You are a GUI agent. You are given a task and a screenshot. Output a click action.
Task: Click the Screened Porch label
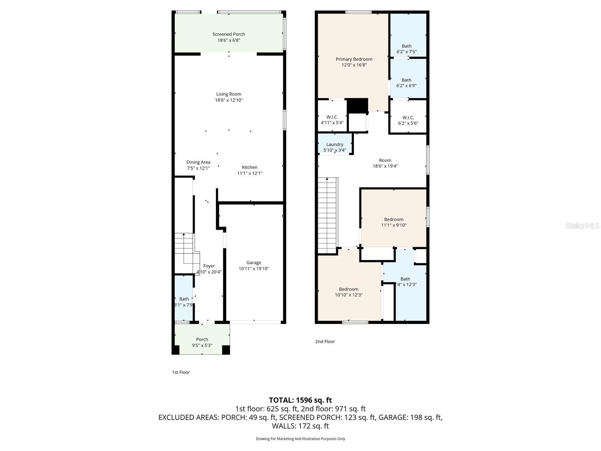229,34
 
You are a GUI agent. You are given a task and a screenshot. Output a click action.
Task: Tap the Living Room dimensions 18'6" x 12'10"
229,100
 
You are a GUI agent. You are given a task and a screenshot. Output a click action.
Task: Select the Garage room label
254,263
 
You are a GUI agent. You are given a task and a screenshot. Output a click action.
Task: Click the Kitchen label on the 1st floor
249,167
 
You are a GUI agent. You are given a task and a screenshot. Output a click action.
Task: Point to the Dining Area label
198,162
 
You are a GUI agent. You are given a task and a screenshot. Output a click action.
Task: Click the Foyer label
209,266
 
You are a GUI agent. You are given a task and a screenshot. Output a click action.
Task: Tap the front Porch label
202,339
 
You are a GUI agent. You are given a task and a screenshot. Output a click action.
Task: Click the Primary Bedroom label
354,59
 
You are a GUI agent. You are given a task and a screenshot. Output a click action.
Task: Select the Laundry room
335,145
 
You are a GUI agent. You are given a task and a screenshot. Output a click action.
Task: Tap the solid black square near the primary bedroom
357,105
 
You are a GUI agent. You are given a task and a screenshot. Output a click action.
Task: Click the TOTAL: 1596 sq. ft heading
300,400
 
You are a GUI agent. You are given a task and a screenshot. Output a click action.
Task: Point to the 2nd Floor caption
325,342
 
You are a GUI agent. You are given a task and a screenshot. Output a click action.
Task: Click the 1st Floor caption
181,372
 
